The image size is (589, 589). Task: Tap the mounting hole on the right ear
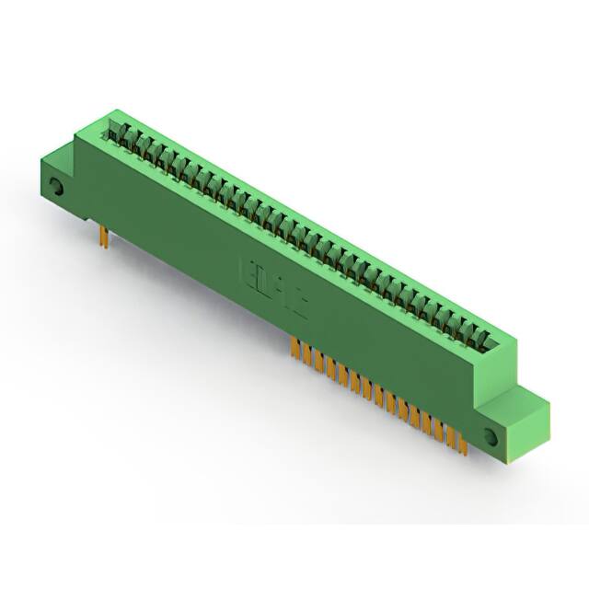(490, 436)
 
